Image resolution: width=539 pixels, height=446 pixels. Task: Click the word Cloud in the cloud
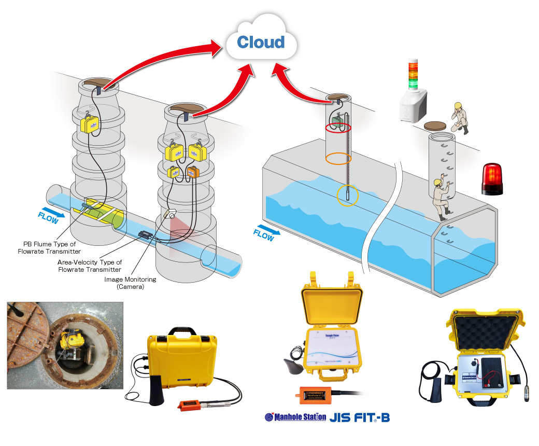tap(261, 42)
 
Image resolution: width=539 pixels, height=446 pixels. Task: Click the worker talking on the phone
tap(459, 117)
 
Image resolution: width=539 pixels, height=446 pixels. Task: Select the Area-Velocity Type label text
tap(90, 266)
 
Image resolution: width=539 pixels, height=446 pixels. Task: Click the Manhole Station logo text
tap(295, 417)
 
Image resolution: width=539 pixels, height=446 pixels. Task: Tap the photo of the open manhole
tap(65, 346)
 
